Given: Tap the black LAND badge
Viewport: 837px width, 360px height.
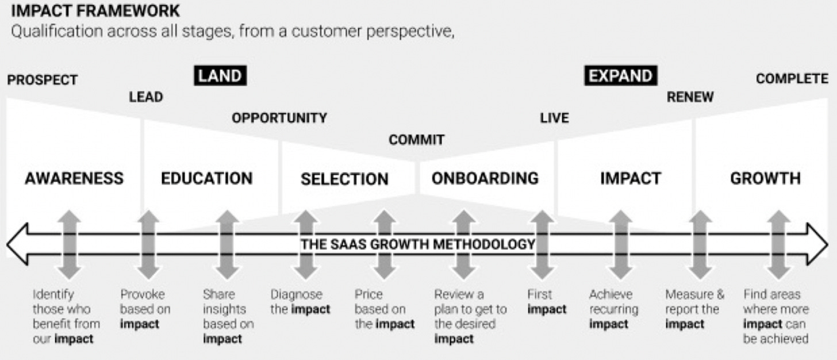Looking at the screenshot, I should pyautogui.click(x=220, y=76).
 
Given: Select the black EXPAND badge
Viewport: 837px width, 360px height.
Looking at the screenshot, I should pyautogui.click(x=621, y=76).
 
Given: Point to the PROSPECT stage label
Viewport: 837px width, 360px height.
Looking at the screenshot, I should pyautogui.click(x=42, y=80).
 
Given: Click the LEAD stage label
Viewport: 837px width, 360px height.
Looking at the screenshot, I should pyautogui.click(x=146, y=97).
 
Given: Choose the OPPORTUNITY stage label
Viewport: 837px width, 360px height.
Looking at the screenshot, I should pyautogui.click(x=279, y=118).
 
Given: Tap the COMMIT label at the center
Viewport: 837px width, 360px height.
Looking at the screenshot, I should pyautogui.click(x=417, y=140).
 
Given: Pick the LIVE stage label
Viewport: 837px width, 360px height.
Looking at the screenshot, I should pyautogui.click(x=554, y=118).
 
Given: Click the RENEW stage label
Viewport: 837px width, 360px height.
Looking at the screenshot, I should pyautogui.click(x=690, y=97).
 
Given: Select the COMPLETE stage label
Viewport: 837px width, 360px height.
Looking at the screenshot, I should pyautogui.click(x=792, y=79).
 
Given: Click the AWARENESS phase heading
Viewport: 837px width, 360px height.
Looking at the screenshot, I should pyautogui.click(x=74, y=178).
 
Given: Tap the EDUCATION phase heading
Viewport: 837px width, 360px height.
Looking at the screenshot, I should pyautogui.click(x=206, y=178).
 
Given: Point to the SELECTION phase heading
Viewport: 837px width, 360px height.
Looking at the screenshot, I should pyautogui.click(x=344, y=179).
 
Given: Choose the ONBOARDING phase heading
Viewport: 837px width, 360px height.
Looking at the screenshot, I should pyautogui.click(x=485, y=178).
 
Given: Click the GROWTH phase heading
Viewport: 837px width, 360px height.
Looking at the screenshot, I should pyautogui.click(x=765, y=178).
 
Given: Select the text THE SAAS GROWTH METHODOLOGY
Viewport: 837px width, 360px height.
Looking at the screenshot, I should pyautogui.click(x=418, y=244).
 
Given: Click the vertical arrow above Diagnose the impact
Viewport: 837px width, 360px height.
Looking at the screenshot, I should pyautogui.click(x=306, y=244).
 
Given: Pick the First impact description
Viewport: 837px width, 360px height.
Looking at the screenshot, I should pyautogui.click(x=547, y=302).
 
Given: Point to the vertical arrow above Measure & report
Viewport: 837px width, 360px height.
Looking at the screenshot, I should pyautogui.click(x=700, y=244).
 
